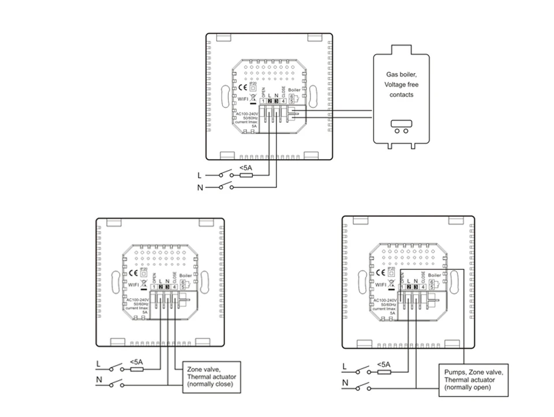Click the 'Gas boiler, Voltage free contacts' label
(400, 85)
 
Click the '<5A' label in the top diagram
(245, 168)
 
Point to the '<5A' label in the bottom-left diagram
(136, 362)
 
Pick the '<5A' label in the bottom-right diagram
(383, 364)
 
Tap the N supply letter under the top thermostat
(200, 187)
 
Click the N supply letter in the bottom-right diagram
(345, 383)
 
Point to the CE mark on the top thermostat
(242, 87)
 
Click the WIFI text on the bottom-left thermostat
(134, 284)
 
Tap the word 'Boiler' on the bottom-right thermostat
(435, 276)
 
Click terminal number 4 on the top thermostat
(283, 102)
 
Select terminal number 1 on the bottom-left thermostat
(154, 287)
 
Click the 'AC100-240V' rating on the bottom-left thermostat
(137, 300)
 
